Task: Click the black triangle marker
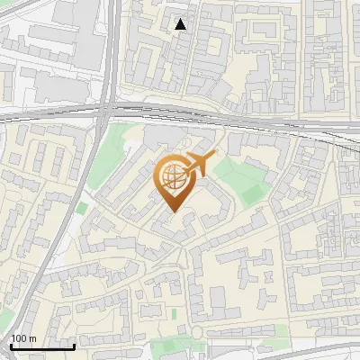click(182, 24)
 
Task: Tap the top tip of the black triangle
click(182, 19)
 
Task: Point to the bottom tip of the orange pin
click(172, 211)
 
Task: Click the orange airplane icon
click(200, 165)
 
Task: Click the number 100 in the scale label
click(19, 338)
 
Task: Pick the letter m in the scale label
click(32, 338)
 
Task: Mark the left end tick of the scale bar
click(11, 346)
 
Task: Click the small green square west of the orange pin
click(82, 208)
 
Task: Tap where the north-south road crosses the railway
click(107, 112)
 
